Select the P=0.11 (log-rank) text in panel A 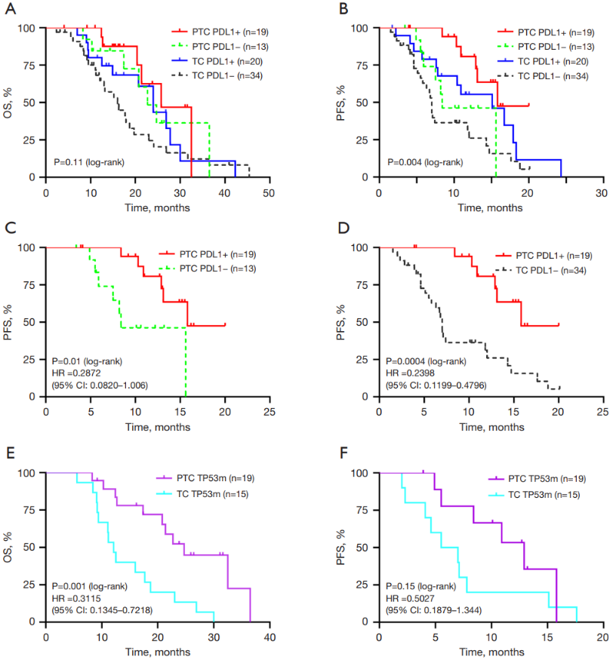[88, 162]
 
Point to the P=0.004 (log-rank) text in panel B [424, 162]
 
